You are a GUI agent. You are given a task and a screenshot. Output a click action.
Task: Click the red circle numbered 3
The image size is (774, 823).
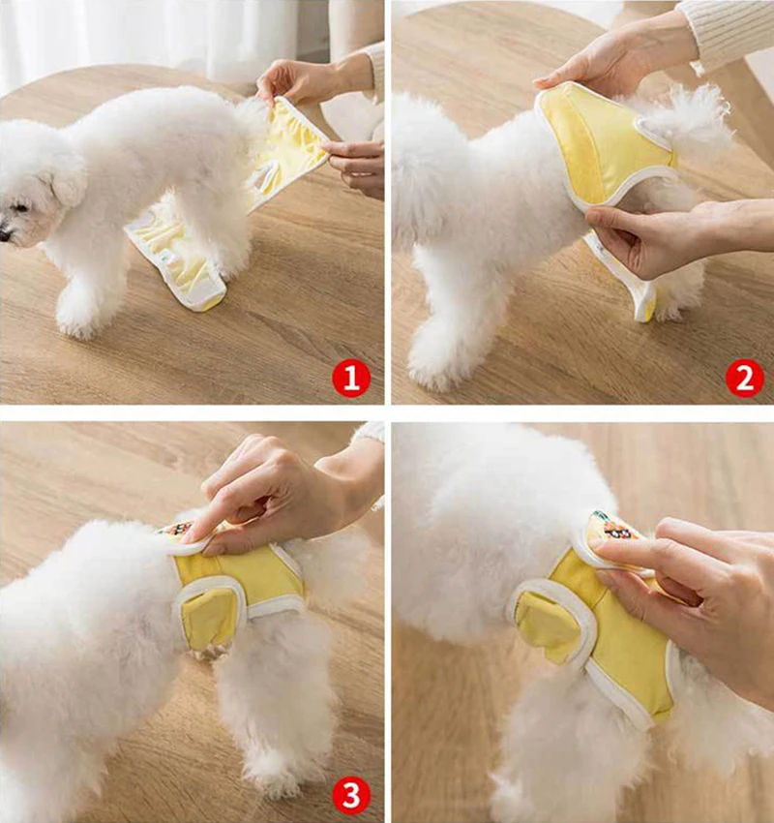[351, 797]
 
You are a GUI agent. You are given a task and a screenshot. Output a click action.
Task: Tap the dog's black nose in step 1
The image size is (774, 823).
[5, 233]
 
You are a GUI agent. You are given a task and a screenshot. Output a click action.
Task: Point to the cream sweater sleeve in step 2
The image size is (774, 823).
[730, 29]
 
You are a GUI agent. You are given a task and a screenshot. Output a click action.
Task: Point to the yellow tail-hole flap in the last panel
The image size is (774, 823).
[548, 625]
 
